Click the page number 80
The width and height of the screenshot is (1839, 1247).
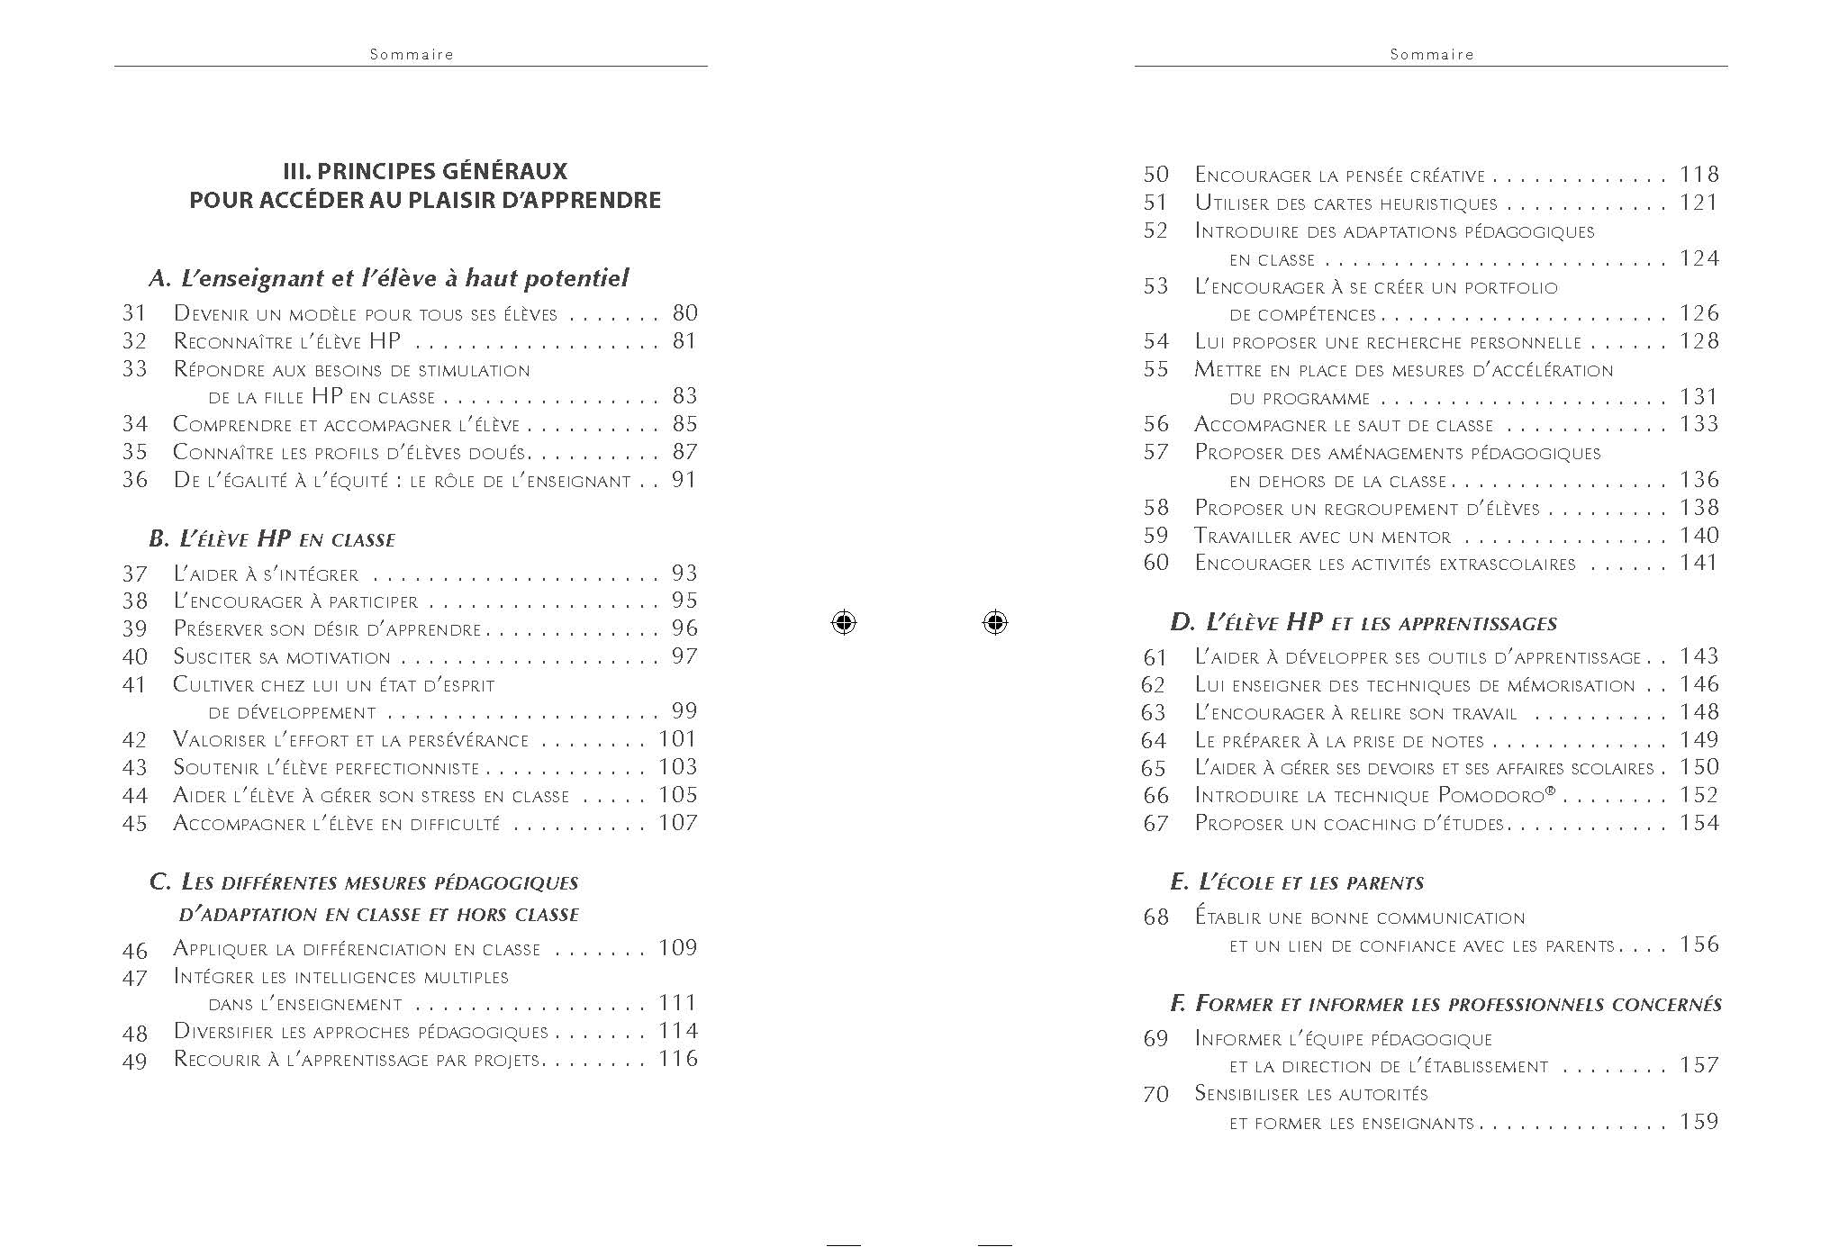click(x=684, y=313)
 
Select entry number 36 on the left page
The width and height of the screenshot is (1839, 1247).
click(x=135, y=480)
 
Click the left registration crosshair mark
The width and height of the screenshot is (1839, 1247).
click(x=844, y=622)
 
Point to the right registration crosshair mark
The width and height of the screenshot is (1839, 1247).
click(x=994, y=622)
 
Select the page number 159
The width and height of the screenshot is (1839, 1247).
click(x=1699, y=1122)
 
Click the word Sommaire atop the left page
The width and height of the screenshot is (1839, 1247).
click(x=412, y=54)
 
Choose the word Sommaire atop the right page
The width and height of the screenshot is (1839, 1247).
click(x=1432, y=54)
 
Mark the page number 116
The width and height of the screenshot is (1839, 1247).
click(x=677, y=1059)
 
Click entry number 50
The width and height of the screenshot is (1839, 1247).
click(x=1155, y=175)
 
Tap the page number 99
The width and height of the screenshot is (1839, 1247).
click(x=684, y=711)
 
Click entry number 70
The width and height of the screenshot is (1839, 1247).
click(x=1155, y=1095)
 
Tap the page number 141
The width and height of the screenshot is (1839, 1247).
click(x=1699, y=564)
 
